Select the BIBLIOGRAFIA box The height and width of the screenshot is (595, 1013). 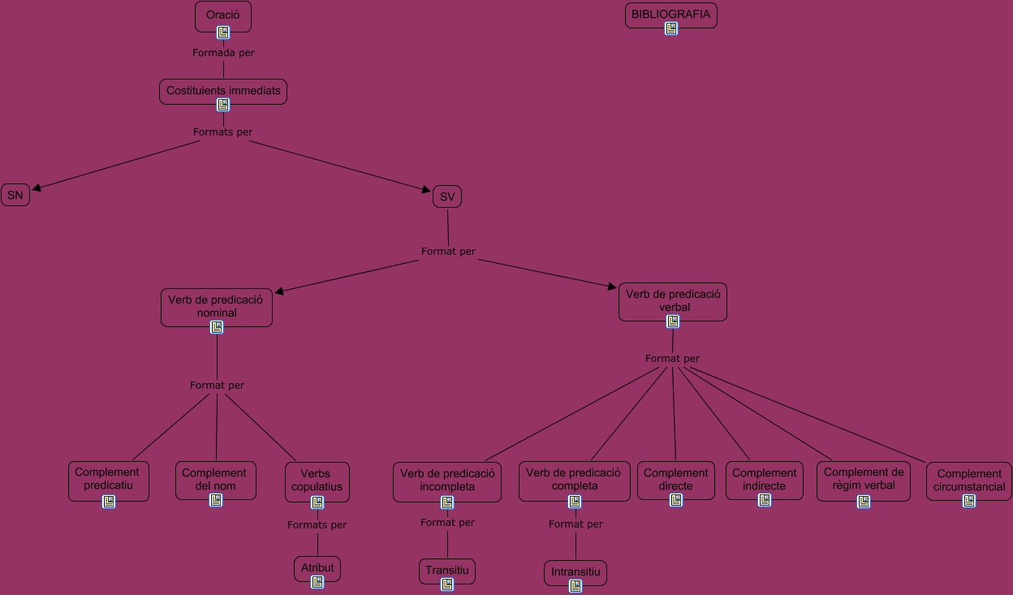(x=670, y=14)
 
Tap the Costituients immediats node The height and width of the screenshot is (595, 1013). (x=223, y=90)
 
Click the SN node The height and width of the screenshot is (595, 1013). (x=15, y=195)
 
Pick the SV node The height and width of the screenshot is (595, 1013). (x=447, y=196)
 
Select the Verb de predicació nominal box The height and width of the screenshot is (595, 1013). (x=216, y=306)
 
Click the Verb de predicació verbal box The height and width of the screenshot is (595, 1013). (x=673, y=301)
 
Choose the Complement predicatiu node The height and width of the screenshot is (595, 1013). (x=107, y=479)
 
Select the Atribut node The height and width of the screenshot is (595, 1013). (x=317, y=567)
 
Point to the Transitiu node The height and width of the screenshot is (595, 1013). (x=447, y=570)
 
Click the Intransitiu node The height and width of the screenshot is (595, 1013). (x=575, y=571)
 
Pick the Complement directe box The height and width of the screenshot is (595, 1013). (x=675, y=479)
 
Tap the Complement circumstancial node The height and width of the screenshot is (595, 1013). (x=969, y=480)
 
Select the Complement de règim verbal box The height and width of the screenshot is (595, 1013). (x=864, y=478)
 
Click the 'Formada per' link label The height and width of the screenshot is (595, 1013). (x=223, y=53)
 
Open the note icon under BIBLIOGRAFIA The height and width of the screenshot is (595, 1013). (x=671, y=28)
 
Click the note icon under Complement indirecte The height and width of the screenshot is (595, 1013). (x=765, y=500)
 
